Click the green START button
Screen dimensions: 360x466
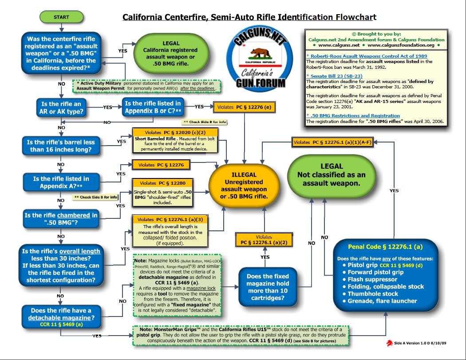pyautogui.click(x=61, y=17)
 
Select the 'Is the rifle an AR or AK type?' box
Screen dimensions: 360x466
pyautogui.click(x=61, y=107)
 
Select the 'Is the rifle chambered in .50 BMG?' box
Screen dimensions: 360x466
pyautogui.click(x=61, y=219)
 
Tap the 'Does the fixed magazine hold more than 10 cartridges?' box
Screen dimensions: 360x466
pyautogui.click(x=268, y=283)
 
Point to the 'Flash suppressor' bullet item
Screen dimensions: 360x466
pyautogui.click(x=372, y=279)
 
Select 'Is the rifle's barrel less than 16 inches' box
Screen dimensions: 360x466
pyautogui.click(x=61, y=146)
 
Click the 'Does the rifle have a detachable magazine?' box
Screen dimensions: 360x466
pyautogui.click(x=61, y=314)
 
